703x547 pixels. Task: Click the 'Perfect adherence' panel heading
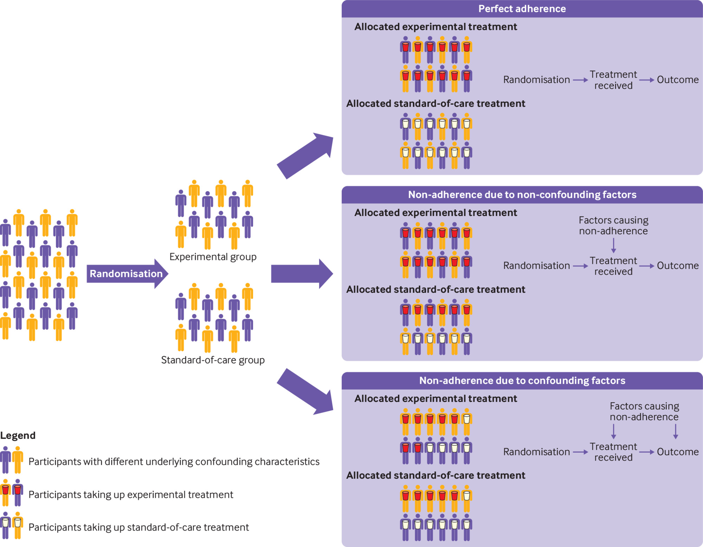522,9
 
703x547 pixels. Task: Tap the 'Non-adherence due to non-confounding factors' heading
522,195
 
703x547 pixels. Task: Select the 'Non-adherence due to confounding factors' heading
522,380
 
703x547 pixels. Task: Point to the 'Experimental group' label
213,257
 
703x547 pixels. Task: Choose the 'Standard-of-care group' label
213,360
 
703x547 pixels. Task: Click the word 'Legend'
18,436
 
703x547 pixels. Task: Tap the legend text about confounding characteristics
174,462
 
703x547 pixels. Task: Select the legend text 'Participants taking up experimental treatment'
131,495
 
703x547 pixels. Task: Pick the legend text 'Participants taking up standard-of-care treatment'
138,527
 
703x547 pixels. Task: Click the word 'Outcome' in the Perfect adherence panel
678,80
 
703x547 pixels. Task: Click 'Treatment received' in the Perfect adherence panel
613,80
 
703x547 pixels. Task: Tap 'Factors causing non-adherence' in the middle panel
613,226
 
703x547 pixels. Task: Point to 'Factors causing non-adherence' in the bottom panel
644,411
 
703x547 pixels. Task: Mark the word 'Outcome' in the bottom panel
678,452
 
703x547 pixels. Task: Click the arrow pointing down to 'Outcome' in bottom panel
675,431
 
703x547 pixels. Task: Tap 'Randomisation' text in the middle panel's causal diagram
536,266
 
